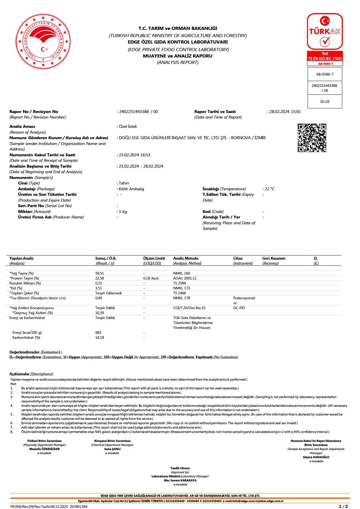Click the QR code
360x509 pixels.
[x=312, y=138]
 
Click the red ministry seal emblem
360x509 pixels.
[x=43, y=41]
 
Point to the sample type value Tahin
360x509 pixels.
[x=124, y=183]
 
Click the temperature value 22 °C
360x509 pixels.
[x=270, y=189]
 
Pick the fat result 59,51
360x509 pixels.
[x=99, y=273]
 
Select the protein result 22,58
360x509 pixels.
[x=99, y=278]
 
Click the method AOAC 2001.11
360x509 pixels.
[x=185, y=278]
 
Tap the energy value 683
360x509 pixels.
[x=98, y=333]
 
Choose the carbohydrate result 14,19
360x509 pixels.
[x=99, y=338]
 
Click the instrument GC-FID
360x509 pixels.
[x=239, y=308]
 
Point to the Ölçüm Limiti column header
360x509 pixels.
[x=154, y=258]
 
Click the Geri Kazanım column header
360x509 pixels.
[x=274, y=258]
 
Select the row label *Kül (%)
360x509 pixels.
[x=16, y=288]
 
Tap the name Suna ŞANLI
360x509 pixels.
[x=112, y=449]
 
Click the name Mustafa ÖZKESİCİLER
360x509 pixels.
[x=44, y=449]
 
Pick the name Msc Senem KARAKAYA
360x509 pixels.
[x=180, y=480]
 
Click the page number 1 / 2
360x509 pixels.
[x=343, y=506]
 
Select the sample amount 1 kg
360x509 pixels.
[x=123, y=212]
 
